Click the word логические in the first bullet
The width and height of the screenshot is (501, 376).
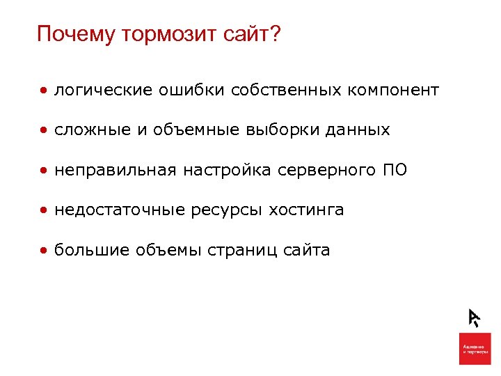point(103,90)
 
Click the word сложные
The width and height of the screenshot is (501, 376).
point(89,130)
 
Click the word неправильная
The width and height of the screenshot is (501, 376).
point(115,170)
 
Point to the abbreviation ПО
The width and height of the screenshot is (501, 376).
point(395,170)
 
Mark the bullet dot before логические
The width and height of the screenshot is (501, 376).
point(44,91)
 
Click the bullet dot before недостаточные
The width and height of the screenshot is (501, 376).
point(44,210)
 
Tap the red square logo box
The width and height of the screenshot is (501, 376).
point(475,348)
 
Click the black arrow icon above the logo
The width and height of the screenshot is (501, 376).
point(474,317)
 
